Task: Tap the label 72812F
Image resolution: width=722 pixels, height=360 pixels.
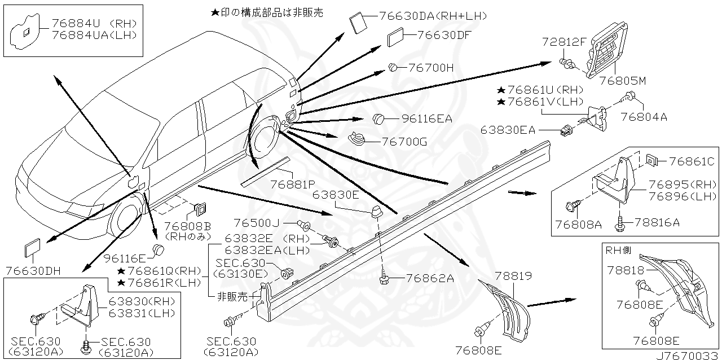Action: tap(565, 42)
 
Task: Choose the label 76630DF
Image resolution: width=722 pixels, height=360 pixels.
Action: tap(444, 35)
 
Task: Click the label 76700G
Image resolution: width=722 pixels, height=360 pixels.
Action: tap(404, 142)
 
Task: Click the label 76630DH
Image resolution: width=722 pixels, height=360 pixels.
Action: tap(33, 270)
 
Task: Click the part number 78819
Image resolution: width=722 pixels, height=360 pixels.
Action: tap(514, 276)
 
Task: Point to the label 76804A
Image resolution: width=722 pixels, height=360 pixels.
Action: tap(644, 117)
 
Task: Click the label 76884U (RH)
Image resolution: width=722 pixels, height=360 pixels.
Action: tap(95, 24)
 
